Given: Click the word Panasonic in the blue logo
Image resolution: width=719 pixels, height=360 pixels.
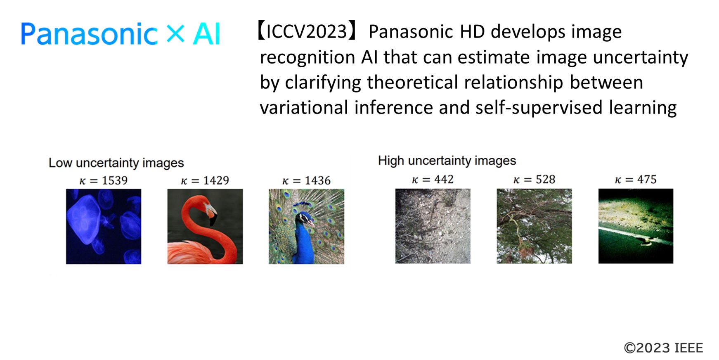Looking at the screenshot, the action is click(x=89, y=34).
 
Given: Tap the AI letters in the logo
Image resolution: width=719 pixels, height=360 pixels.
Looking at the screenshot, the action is click(x=206, y=34).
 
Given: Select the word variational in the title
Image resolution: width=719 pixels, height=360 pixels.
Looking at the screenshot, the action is click(x=304, y=107).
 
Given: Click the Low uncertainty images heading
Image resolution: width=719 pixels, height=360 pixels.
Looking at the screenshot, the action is click(x=116, y=163).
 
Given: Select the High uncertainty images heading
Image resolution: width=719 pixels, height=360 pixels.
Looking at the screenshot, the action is click(x=447, y=161).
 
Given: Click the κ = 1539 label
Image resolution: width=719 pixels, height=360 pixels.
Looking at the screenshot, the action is click(x=104, y=180).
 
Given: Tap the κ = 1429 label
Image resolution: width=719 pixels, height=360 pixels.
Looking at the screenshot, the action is click(x=205, y=180).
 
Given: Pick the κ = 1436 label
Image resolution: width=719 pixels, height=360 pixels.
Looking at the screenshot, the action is click(x=306, y=180).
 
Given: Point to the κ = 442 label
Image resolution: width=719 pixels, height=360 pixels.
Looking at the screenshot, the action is click(x=433, y=179).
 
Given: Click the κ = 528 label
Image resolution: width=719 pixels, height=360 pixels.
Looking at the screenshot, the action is click(x=534, y=179).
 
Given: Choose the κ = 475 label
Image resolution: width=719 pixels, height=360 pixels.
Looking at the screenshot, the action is click(x=636, y=179).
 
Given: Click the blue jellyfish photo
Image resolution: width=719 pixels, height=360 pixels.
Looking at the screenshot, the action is click(x=104, y=226).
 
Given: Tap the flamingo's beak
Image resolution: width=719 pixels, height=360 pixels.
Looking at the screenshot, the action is click(x=212, y=214).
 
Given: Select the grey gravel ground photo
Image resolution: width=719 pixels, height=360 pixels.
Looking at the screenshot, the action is click(x=433, y=226).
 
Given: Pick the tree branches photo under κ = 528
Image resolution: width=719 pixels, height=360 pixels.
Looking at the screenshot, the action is click(x=534, y=226).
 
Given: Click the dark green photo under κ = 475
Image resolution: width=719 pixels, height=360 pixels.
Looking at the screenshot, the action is click(x=636, y=226).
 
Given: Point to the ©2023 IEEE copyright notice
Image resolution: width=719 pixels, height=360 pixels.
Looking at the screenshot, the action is click(x=663, y=348).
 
